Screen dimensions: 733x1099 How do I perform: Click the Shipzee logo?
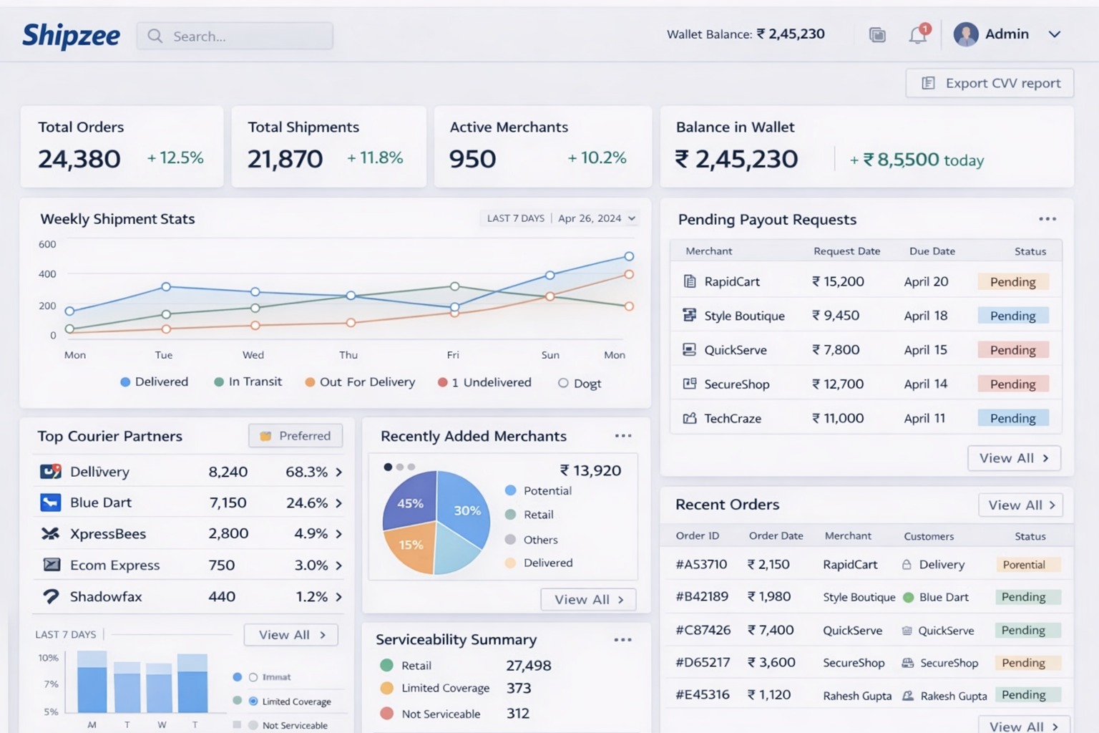click(71, 36)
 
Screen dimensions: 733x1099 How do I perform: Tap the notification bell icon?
click(917, 34)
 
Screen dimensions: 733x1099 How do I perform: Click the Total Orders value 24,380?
click(79, 159)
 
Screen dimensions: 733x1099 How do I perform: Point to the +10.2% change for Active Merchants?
click(597, 158)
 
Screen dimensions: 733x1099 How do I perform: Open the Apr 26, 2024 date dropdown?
click(596, 218)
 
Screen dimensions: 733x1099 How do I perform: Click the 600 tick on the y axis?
click(47, 244)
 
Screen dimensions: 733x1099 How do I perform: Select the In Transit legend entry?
click(248, 382)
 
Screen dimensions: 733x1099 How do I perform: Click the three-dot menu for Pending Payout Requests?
click(1047, 219)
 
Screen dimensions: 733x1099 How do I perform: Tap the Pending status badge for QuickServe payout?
click(1012, 350)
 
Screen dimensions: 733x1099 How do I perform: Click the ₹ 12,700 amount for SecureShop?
click(838, 384)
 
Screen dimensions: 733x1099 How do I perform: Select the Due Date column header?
click(932, 251)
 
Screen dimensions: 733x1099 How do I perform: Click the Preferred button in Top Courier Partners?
click(295, 436)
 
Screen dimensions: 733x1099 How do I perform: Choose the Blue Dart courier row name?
click(101, 503)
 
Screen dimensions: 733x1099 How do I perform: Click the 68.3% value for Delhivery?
click(307, 472)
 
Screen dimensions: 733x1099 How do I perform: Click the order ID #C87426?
click(703, 630)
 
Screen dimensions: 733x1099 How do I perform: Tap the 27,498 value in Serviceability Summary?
click(528, 666)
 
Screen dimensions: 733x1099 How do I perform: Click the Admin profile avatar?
click(965, 34)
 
